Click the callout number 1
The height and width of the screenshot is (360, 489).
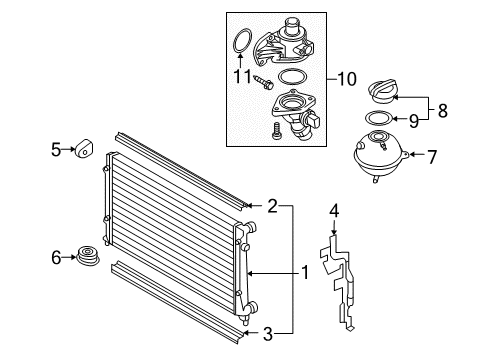(305, 272)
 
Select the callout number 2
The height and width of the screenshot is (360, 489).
(273, 206)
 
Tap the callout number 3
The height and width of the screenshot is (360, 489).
(268, 334)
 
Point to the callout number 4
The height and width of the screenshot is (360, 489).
(334, 211)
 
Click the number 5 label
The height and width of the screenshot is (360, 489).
(56, 149)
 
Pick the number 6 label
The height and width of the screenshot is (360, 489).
(56, 257)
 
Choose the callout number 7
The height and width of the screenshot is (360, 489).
(432, 157)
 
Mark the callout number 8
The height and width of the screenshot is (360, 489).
(443, 110)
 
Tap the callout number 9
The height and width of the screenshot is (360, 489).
(414, 121)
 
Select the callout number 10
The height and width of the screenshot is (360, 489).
(347, 79)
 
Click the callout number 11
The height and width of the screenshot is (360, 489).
(242, 77)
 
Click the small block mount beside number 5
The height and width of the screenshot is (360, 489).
(83, 148)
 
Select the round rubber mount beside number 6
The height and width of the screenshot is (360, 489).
(88, 256)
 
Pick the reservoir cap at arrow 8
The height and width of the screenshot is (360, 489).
(383, 91)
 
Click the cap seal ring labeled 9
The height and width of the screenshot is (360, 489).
(377, 118)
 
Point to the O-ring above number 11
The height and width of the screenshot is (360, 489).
(242, 41)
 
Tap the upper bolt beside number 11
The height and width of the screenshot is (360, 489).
(263, 82)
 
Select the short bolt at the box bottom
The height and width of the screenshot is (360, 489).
(277, 131)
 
